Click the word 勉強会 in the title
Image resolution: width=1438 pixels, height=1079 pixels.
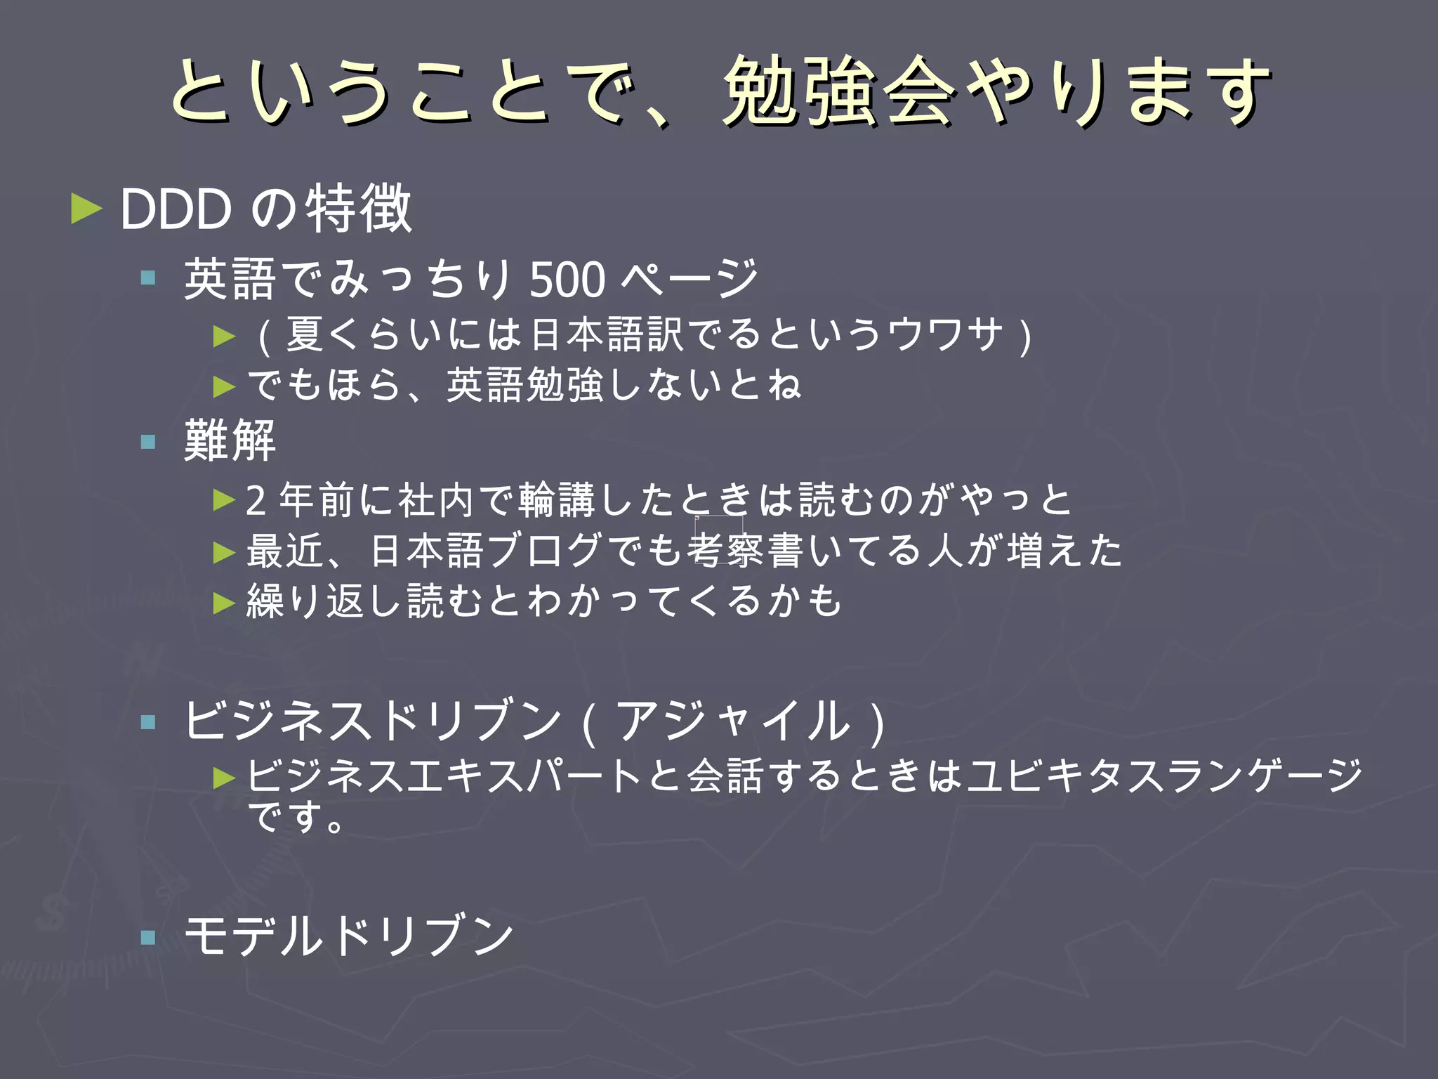tap(838, 91)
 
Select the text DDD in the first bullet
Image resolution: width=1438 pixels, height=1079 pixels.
tap(176, 209)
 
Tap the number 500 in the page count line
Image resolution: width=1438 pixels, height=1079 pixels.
tap(567, 280)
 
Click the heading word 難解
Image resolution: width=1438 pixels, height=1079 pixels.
tap(230, 440)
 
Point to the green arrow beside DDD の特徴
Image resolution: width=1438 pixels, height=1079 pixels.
tap(86, 209)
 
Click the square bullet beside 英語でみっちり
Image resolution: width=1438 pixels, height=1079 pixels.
tap(147, 278)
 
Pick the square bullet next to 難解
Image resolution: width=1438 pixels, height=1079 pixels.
tap(147, 441)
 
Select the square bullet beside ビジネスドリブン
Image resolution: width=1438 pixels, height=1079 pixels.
tap(147, 721)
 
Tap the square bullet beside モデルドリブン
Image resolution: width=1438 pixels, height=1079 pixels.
tap(147, 937)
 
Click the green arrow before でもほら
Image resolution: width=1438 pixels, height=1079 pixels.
tap(224, 386)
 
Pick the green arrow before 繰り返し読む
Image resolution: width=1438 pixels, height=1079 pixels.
tap(224, 602)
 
